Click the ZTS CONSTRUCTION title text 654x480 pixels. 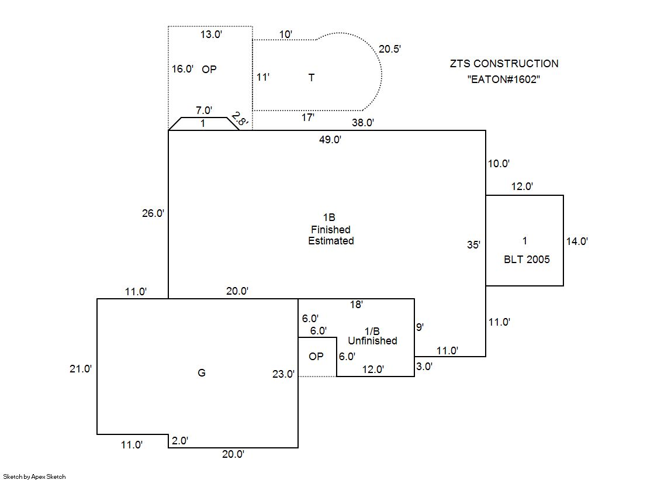tap(504, 64)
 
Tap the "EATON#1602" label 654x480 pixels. tap(503, 79)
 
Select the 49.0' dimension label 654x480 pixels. tap(330, 140)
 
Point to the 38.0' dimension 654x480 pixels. tap(362, 123)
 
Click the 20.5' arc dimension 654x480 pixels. tap(390, 50)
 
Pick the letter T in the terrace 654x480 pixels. tap(312, 78)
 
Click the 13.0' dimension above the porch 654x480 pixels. tap(211, 34)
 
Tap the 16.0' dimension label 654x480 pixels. tap(182, 69)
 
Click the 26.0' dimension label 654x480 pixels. tap(153, 214)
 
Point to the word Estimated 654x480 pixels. tap(331, 241)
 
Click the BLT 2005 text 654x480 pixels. tap(527, 260)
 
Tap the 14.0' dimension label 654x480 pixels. tap(576, 241)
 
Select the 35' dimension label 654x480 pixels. tap(473, 246)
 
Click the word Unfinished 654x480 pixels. tap(372, 341)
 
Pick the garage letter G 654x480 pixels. tap(202, 373)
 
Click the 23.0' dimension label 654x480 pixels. tap(283, 375)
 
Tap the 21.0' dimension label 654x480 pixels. tap(80, 369)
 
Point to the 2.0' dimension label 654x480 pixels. tap(179, 441)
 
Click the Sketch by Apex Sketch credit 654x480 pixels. tap(34, 476)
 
